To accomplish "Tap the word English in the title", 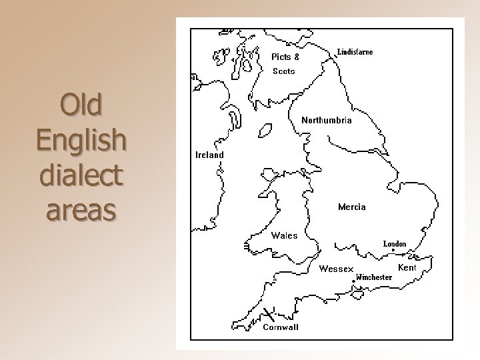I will [x=80, y=140].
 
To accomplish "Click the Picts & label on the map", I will [x=285, y=57].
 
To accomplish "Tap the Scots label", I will [x=283, y=71].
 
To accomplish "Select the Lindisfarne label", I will [x=355, y=52].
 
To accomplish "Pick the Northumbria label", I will [x=327, y=121].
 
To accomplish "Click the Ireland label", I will [x=209, y=155].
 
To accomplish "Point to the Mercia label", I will [x=351, y=207].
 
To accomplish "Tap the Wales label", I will [x=284, y=235].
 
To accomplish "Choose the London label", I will [x=394, y=244].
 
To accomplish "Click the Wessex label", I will [x=336, y=269].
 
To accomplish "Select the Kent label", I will [x=407, y=267].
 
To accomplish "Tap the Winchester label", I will [x=373, y=277].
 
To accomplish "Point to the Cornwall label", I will [x=281, y=327].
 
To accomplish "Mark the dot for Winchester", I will [x=353, y=281].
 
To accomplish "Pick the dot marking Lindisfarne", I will [x=335, y=57].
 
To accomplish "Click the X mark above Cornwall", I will [x=267, y=313].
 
